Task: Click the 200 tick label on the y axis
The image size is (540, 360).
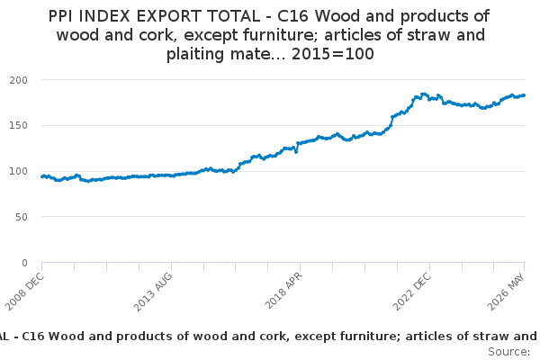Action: click(19, 80)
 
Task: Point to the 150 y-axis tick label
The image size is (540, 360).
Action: click(19, 125)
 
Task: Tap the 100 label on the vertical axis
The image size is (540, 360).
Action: click(19, 171)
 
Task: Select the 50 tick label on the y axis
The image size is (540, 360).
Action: click(22, 217)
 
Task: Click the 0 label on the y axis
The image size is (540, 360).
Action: click(24, 263)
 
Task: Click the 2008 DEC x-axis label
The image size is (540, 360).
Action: click(25, 292)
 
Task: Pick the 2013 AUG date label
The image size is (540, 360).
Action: click(153, 292)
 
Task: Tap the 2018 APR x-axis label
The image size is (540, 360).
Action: click(283, 291)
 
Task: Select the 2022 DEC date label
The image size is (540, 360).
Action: click(412, 292)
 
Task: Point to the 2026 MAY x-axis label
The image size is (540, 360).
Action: click(506, 292)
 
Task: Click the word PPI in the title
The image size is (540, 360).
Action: click(61, 16)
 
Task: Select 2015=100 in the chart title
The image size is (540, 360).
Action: click(333, 54)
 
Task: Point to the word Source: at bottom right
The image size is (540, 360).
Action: click(509, 352)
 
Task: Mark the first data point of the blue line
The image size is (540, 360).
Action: click(42, 176)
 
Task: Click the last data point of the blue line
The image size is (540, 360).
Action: click(524, 95)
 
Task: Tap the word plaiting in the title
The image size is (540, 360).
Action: click(195, 54)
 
